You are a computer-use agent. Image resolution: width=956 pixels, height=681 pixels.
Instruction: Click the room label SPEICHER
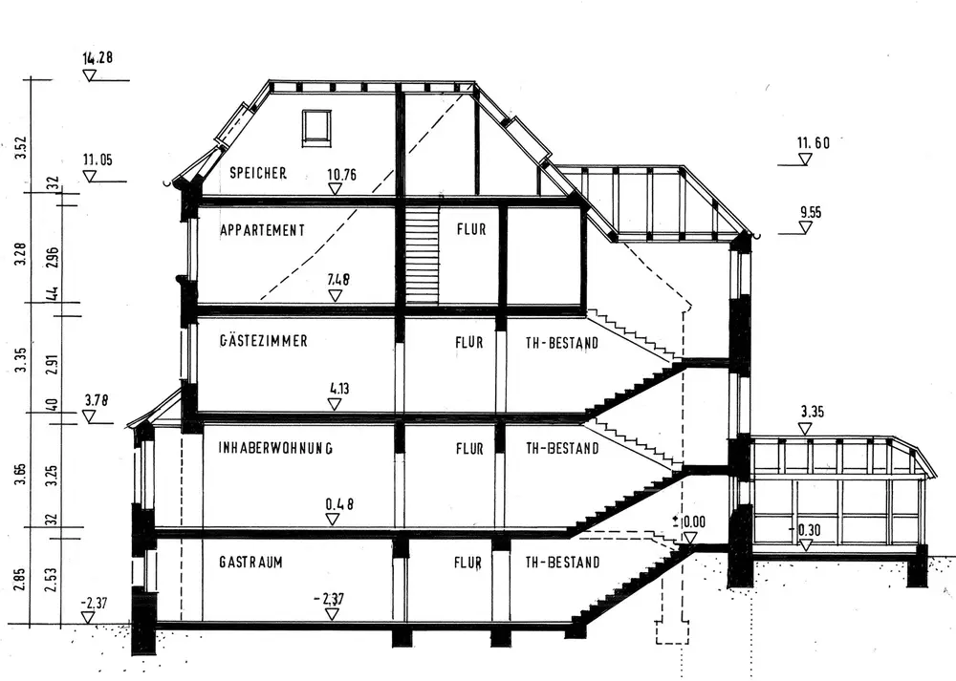coord(258,173)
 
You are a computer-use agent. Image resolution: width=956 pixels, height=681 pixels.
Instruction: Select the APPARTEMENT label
coord(262,230)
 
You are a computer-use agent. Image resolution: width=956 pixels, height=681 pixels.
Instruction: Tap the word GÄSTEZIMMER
coord(263,340)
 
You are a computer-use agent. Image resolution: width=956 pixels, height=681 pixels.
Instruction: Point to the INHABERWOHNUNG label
coord(274,447)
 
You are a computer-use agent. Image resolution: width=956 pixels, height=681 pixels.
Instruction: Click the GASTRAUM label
coord(250,563)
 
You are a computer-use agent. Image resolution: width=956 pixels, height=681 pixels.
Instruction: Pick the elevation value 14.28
coord(98,58)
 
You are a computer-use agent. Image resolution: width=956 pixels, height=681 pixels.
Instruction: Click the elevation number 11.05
coord(97,160)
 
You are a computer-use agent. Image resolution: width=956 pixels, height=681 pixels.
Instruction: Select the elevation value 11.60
coord(813,143)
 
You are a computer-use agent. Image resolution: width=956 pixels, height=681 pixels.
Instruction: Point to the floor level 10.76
coord(342,175)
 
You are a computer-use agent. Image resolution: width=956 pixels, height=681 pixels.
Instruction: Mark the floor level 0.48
coord(340,503)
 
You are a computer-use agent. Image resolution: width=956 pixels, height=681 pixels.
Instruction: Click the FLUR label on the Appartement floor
coord(471,230)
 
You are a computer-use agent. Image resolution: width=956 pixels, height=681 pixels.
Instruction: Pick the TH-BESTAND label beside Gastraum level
coord(563,563)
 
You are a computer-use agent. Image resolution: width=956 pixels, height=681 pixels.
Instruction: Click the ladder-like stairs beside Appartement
coord(421,256)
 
